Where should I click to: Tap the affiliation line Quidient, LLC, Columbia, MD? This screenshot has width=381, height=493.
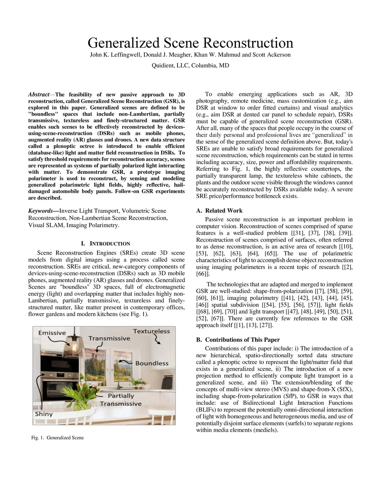pos(190,65)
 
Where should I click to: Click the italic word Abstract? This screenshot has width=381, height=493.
pos(39,95)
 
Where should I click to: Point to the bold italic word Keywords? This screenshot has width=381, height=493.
pos(41,211)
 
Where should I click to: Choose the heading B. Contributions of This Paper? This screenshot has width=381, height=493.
pos(238,340)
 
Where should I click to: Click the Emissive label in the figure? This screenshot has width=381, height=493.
pos(52,333)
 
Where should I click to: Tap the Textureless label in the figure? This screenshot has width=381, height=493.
pos(151,331)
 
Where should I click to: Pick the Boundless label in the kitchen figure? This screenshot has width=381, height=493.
pos(152,363)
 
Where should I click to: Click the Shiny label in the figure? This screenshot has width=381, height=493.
pos(44,414)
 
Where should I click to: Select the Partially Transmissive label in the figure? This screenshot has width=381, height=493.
pos(121,400)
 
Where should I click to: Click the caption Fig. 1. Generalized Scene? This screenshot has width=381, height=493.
pos(58,438)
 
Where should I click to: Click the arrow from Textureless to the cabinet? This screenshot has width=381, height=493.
pos(156,340)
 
